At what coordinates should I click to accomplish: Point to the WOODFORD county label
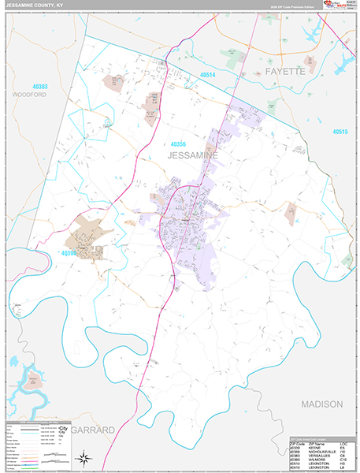click(x=30, y=94)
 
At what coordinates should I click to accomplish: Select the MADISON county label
click(x=321, y=404)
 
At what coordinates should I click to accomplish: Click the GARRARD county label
click(x=93, y=430)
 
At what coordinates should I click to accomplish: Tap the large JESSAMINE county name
click(x=192, y=157)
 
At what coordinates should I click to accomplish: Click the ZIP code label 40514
click(x=208, y=74)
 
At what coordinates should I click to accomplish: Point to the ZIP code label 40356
click(x=179, y=144)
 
